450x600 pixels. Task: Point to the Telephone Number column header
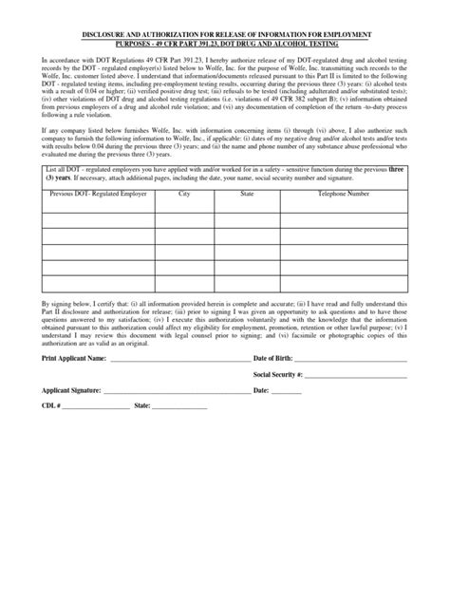click(344, 193)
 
